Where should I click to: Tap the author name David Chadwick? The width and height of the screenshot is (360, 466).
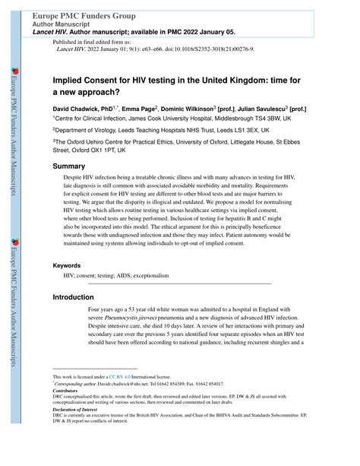(x=78, y=109)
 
